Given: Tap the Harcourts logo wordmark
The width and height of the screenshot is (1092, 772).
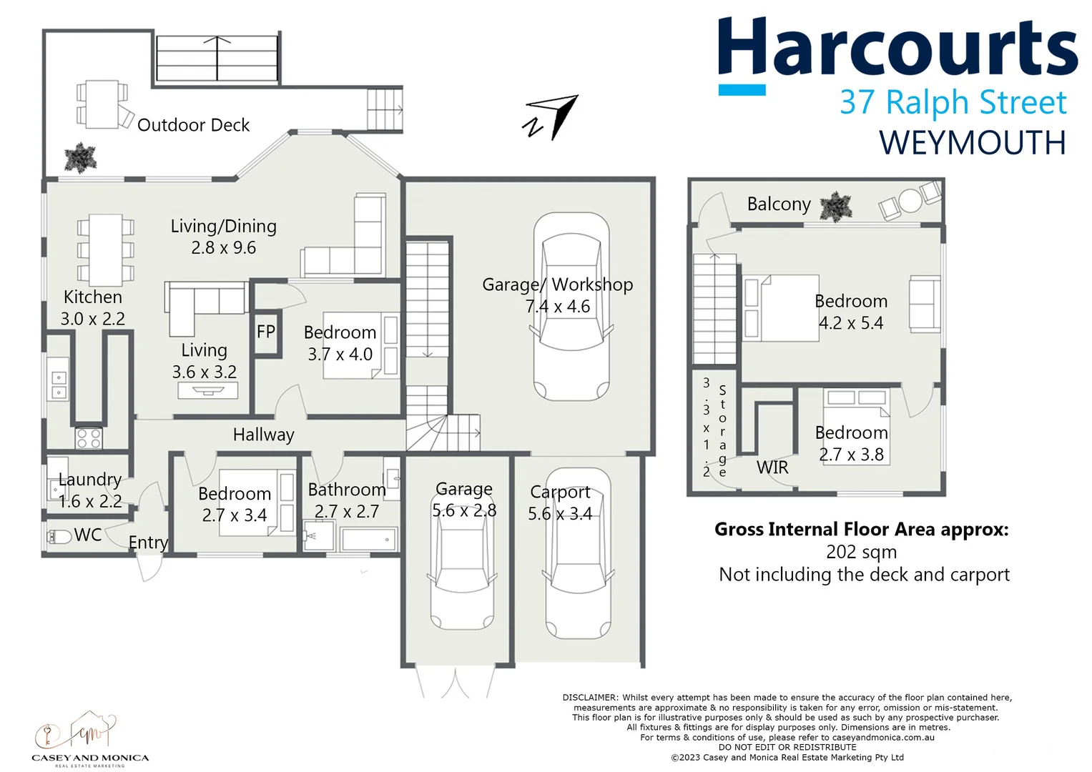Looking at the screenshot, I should (897, 49).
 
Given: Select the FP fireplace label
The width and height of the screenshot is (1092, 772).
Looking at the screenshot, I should (266, 332).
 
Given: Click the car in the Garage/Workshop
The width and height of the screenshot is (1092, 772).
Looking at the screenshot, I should (571, 307).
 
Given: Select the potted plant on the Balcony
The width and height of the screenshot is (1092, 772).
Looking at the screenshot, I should (835, 207).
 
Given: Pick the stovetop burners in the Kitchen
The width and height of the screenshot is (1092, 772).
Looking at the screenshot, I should (89, 437).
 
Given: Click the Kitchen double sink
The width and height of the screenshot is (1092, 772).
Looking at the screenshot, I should (58, 385).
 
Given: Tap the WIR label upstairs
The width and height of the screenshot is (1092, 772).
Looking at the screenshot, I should (772, 467).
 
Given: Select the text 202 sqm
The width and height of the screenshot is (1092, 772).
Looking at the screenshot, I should (861, 552).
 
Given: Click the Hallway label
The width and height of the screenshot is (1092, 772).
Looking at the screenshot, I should (263, 435).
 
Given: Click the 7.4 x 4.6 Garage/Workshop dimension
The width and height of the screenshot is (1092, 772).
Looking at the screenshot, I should (558, 307).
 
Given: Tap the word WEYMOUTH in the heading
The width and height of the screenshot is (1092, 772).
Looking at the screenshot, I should (972, 143).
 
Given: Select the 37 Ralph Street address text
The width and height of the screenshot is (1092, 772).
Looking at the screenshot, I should (953, 102).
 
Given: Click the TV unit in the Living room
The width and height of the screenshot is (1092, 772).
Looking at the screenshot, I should (208, 391).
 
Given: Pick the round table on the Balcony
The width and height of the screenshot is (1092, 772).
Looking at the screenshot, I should (910, 201).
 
